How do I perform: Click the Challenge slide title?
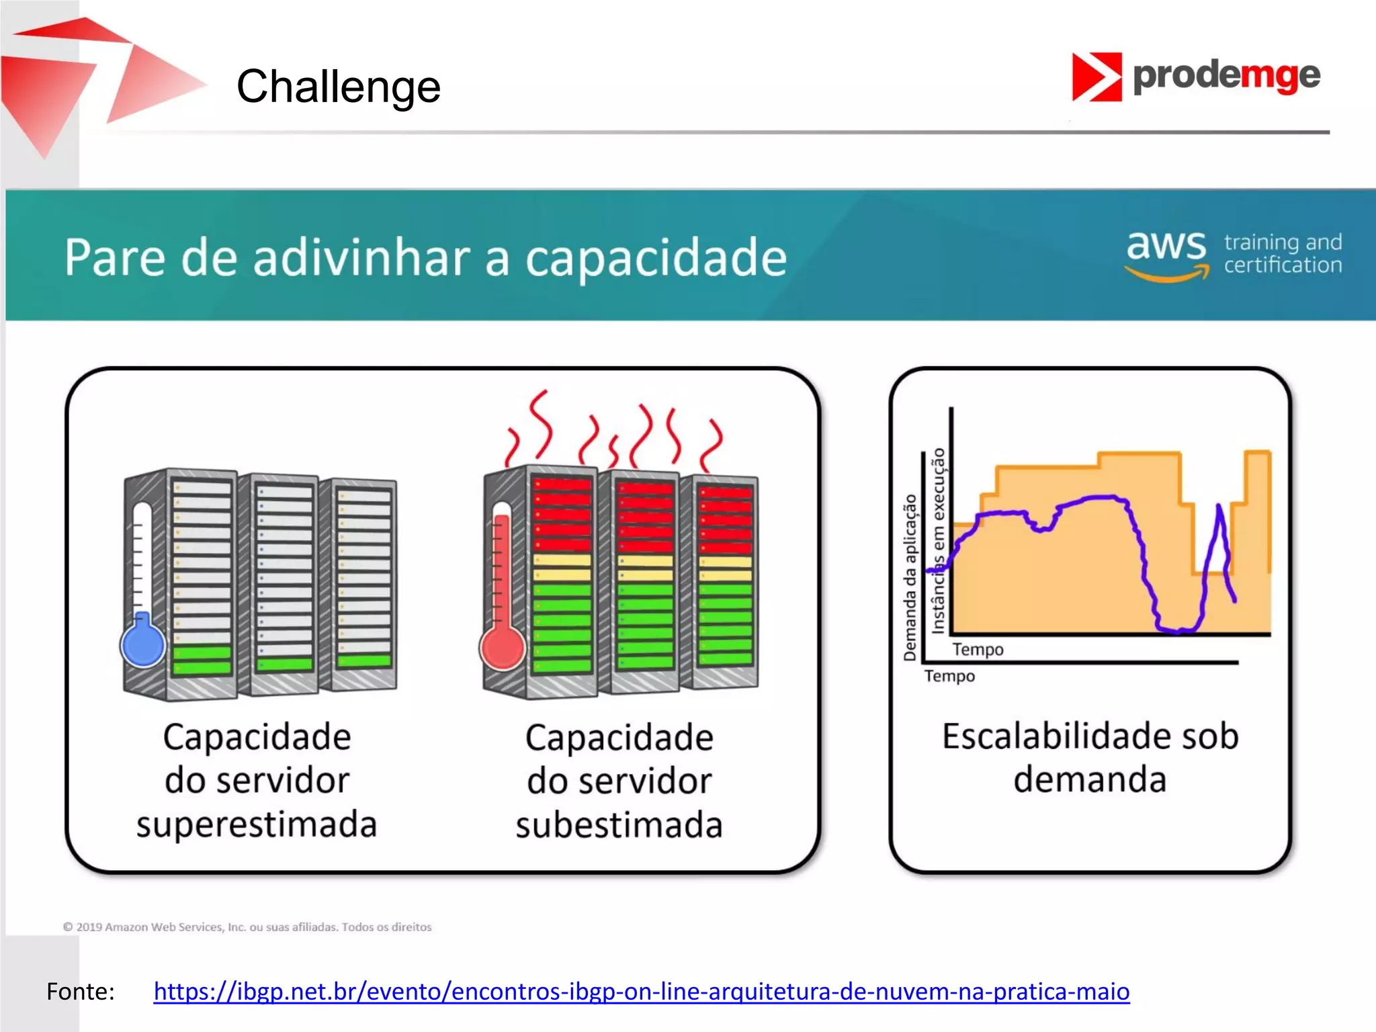pyautogui.click(x=338, y=87)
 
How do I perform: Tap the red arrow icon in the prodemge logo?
pyautogui.click(x=1096, y=77)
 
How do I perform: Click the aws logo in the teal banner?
pyautogui.click(x=1166, y=254)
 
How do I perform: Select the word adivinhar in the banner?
pyautogui.click(x=361, y=258)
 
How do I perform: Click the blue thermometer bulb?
pyautogui.click(x=143, y=645)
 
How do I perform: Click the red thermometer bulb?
pyautogui.click(x=502, y=648)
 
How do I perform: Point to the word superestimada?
pyautogui.click(x=257, y=824)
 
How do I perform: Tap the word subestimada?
pyautogui.click(x=619, y=824)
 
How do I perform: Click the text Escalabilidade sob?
pyautogui.click(x=1090, y=736)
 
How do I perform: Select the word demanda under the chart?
pyautogui.click(x=1089, y=780)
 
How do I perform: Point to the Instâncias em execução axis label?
pyautogui.click(x=938, y=541)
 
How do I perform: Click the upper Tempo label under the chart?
pyautogui.click(x=978, y=650)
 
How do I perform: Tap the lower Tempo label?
pyautogui.click(x=949, y=676)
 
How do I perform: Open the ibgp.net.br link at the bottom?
pyautogui.click(x=641, y=991)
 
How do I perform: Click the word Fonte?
pyautogui.click(x=81, y=991)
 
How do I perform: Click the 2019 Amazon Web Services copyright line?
pyautogui.click(x=247, y=927)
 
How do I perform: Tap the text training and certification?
pyautogui.click(x=1282, y=254)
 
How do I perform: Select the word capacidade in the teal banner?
pyautogui.click(x=655, y=258)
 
